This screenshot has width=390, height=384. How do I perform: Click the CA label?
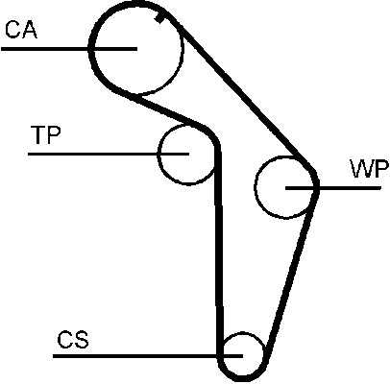pos(21,30)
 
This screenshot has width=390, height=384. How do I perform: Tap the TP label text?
pos(45,134)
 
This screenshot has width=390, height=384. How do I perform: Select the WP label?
pos(370,168)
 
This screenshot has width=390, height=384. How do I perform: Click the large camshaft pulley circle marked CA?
pos(183,48)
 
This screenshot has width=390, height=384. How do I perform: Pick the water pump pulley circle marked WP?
pos(255,187)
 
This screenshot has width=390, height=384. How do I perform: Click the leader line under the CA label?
pos(69,49)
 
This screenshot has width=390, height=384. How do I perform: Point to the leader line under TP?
pos(109,154)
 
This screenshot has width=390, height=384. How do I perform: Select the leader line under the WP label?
pos(333,187)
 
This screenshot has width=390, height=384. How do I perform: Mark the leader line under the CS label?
pos(148,355)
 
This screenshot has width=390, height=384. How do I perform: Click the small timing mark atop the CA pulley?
pos(159,18)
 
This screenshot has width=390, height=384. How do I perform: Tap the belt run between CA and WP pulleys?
pos(242,93)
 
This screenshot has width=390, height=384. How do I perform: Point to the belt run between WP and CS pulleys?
pos(292,271)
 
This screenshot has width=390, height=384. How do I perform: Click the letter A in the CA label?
pos(30,30)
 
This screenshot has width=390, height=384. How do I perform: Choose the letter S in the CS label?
pos(81,340)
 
